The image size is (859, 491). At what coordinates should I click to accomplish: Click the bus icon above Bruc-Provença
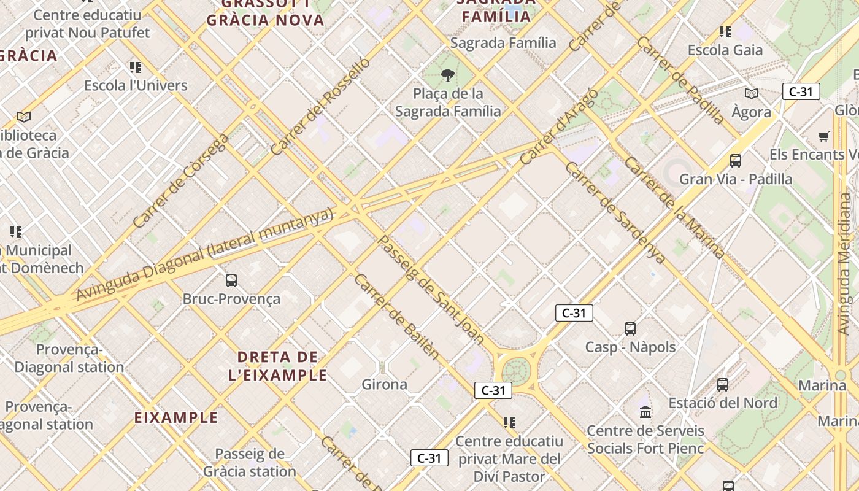pyautogui.click(x=231, y=280)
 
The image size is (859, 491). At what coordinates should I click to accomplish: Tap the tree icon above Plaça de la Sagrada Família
pyautogui.click(x=448, y=75)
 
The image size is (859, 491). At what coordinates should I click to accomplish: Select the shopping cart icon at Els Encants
pyautogui.click(x=823, y=136)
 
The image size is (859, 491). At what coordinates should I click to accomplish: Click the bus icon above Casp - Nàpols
pyautogui.click(x=630, y=328)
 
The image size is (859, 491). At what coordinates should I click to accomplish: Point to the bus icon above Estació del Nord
pyautogui.click(x=723, y=385)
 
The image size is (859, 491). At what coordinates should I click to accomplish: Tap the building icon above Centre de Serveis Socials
pyautogui.click(x=645, y=412)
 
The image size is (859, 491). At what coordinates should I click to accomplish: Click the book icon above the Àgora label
pyautogui.click(x=752, y=93)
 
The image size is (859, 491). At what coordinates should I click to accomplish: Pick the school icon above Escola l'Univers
pyautogui.click(x=136, y=67)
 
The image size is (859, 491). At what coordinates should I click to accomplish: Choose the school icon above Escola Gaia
pyautogui.click(x=725, y=32)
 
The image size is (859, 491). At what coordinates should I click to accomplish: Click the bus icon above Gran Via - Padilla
pyautogui.click(x=736, y=161)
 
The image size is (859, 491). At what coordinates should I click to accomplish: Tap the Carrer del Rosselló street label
pyautogui.click(x=320, y=106)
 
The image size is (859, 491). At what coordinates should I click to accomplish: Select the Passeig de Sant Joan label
pyautogui.click(x=431, y=289)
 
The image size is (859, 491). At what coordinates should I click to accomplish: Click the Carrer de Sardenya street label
pyautogui.click(x=615, y=212)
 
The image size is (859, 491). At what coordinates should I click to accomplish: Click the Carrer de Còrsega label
pyautogui.click(x=181, y=180)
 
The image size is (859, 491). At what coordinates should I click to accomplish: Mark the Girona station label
pyautogui.click(x=385, y=385)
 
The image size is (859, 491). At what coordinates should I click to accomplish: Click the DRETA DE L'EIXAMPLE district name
pyautogui.click(x=278, y=366)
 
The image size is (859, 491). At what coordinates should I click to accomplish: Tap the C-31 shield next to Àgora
pyautogui.click(x=801, y=92)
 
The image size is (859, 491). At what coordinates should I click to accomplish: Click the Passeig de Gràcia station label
pyautogui.click(x=250, y=463)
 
